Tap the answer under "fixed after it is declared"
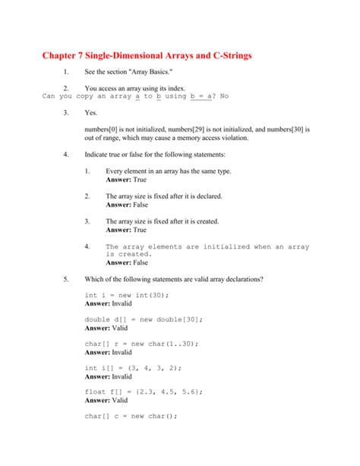[x=127, y=204]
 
